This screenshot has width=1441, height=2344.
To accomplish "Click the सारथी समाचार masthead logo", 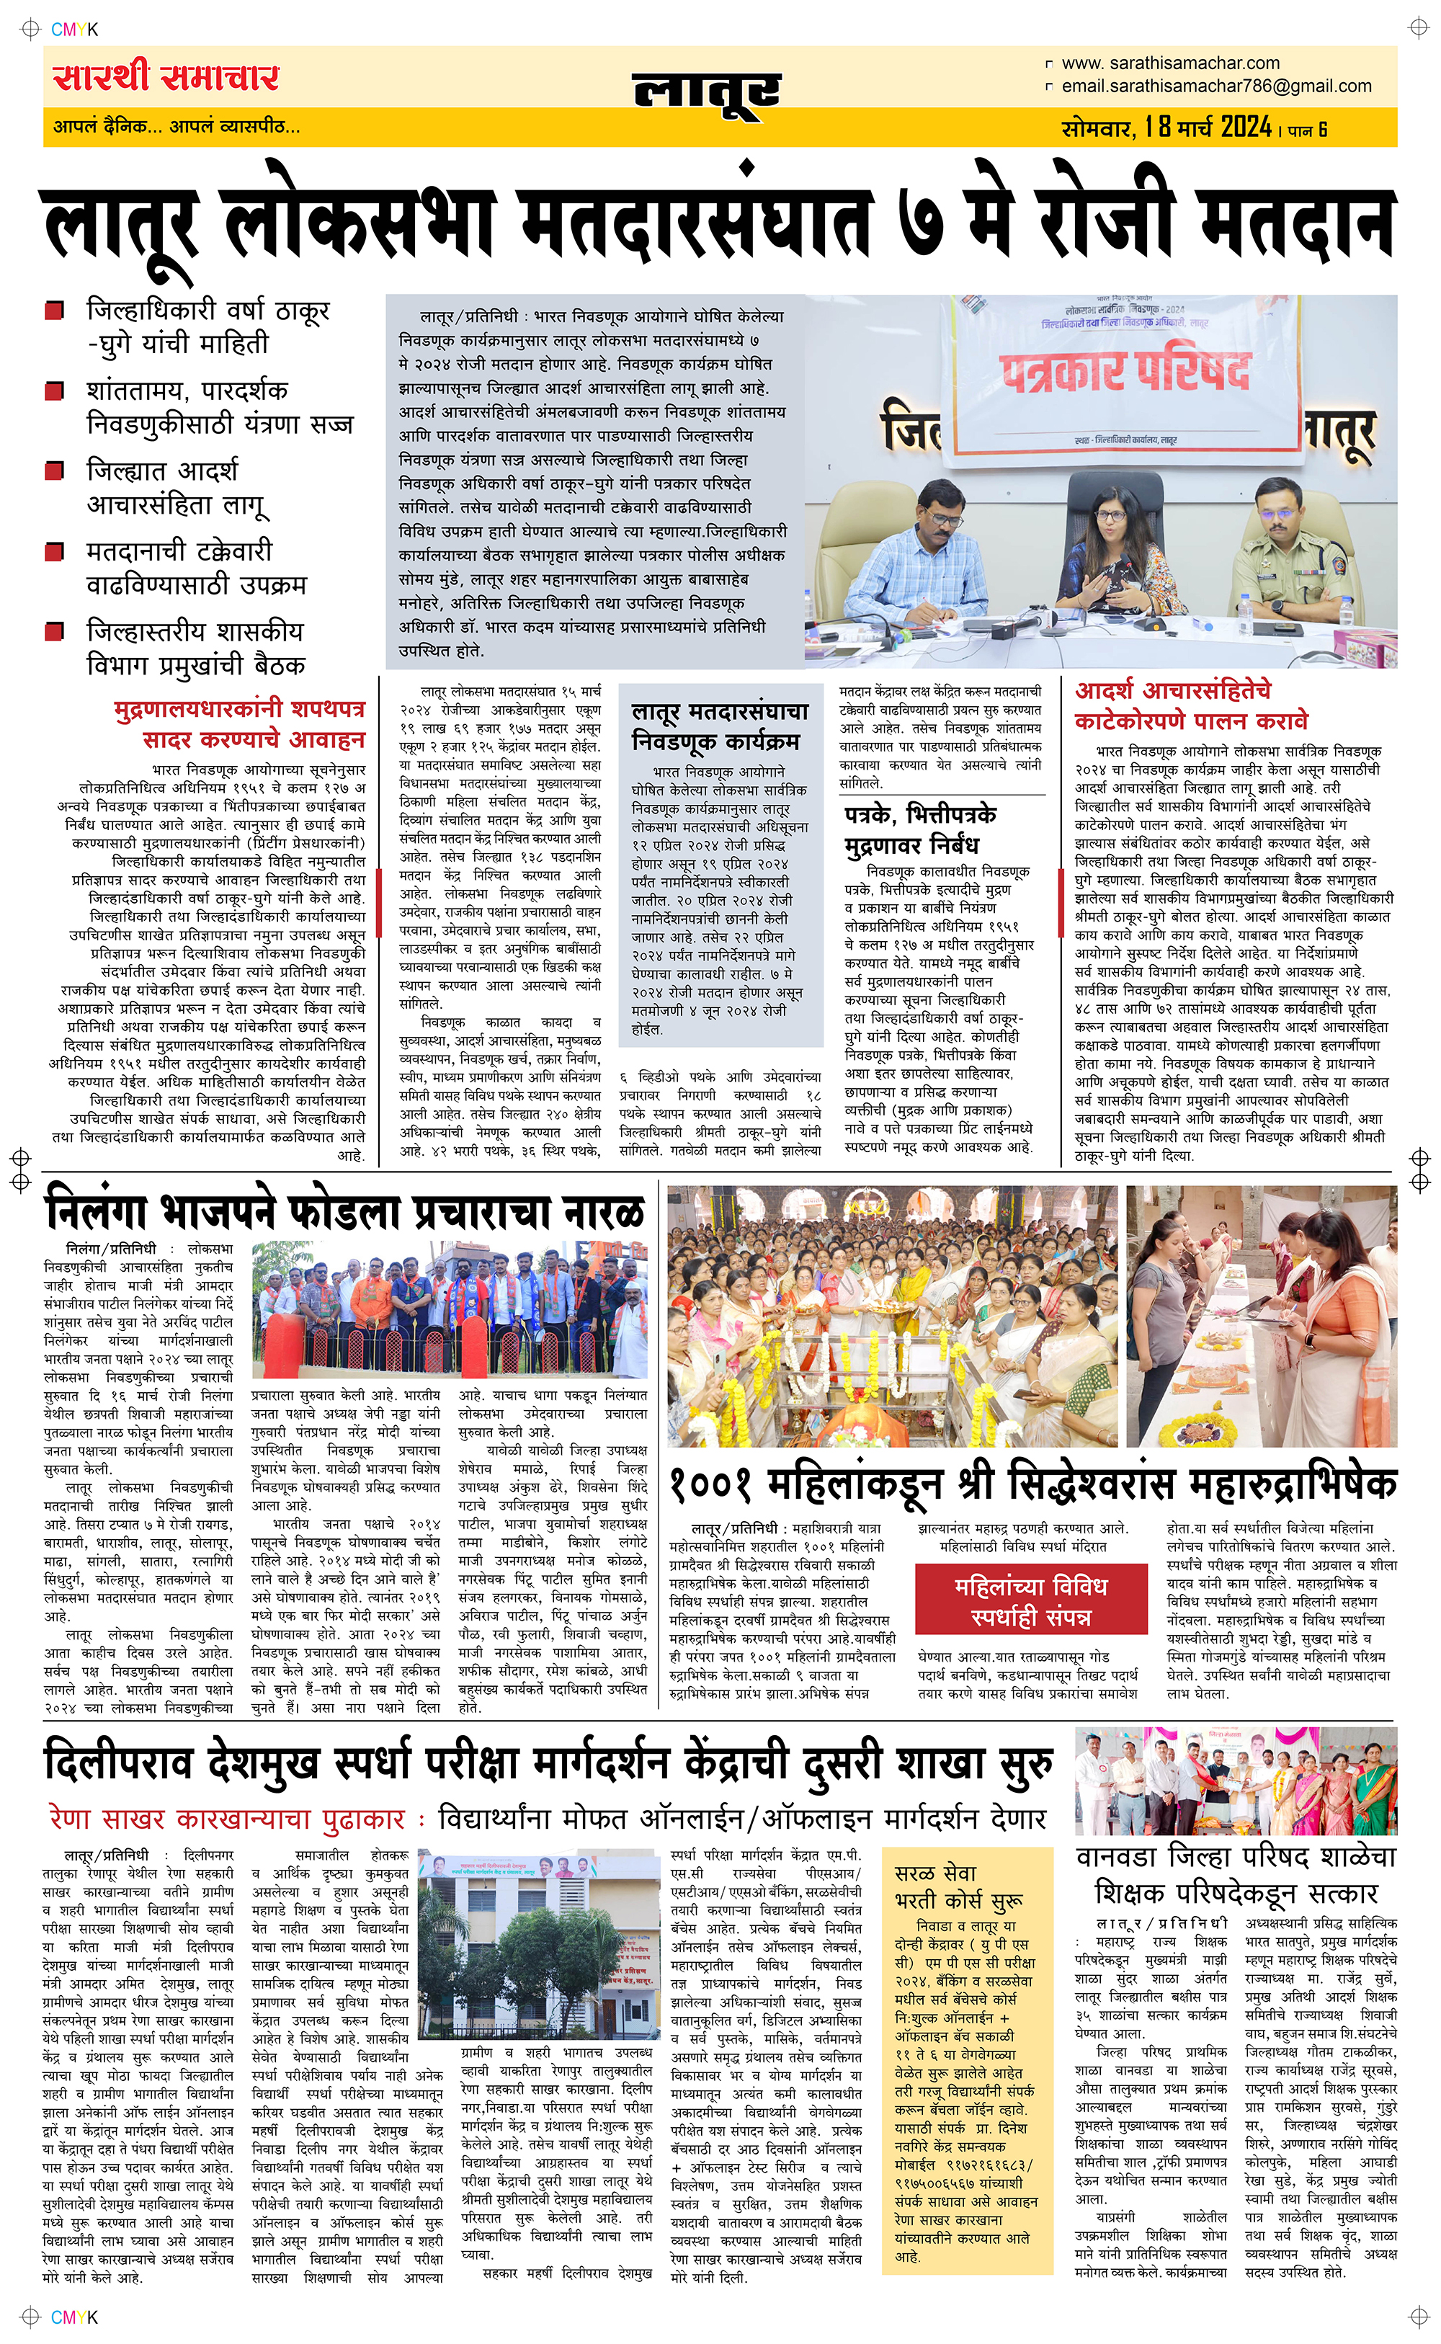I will pos(166,77).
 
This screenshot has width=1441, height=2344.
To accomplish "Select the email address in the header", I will pos(1216,86).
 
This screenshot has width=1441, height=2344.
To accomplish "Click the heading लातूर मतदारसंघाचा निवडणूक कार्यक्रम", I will pos(720,726).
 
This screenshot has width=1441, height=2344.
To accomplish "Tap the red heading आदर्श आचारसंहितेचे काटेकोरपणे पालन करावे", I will pos(1190,706).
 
